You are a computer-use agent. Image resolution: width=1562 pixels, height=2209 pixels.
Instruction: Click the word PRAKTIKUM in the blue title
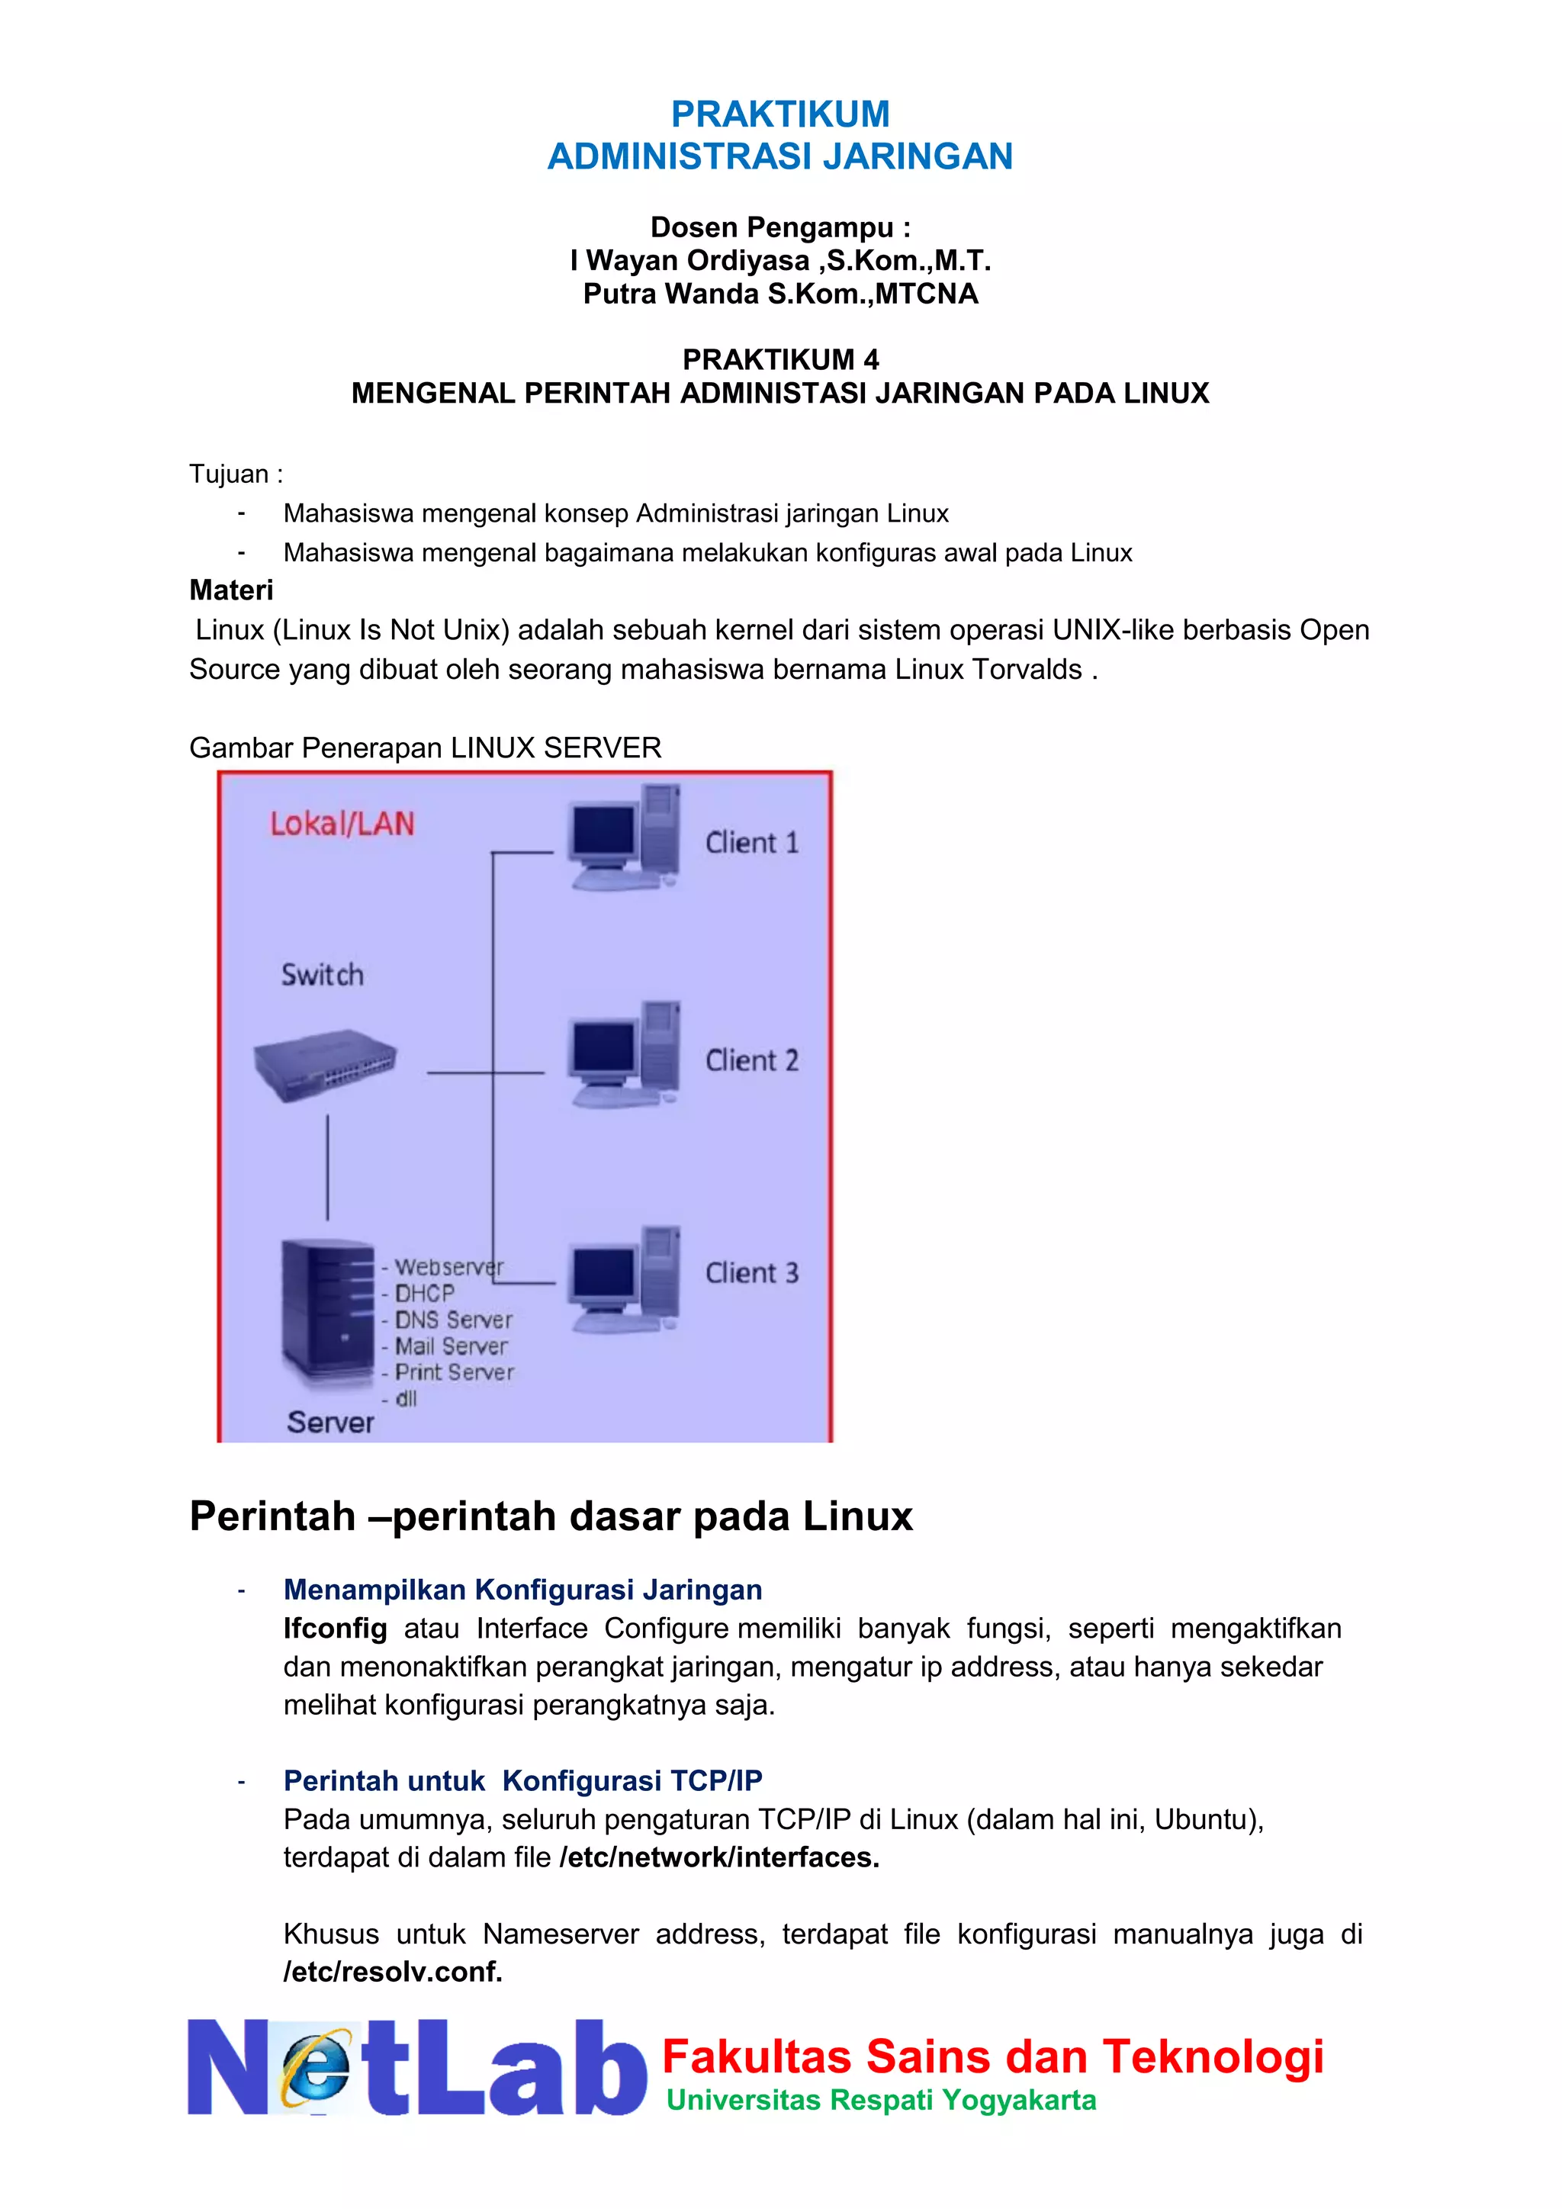780,114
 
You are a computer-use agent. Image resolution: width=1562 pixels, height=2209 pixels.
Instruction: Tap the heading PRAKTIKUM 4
780,360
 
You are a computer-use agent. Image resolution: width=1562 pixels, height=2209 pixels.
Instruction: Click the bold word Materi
231,590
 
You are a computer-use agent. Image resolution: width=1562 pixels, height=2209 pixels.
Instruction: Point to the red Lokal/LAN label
342,824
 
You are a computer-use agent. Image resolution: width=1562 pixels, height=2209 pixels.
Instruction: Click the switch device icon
324,1065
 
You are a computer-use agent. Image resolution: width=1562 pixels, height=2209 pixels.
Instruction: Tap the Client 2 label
751,1060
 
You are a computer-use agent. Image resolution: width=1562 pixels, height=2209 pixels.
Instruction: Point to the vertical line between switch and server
327,1167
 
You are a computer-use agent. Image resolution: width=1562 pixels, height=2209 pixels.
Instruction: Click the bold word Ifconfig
335,1628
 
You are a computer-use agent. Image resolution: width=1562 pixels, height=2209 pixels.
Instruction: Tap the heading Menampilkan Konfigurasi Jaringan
522,1590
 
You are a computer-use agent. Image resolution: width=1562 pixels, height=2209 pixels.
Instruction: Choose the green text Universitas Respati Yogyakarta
881,2099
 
